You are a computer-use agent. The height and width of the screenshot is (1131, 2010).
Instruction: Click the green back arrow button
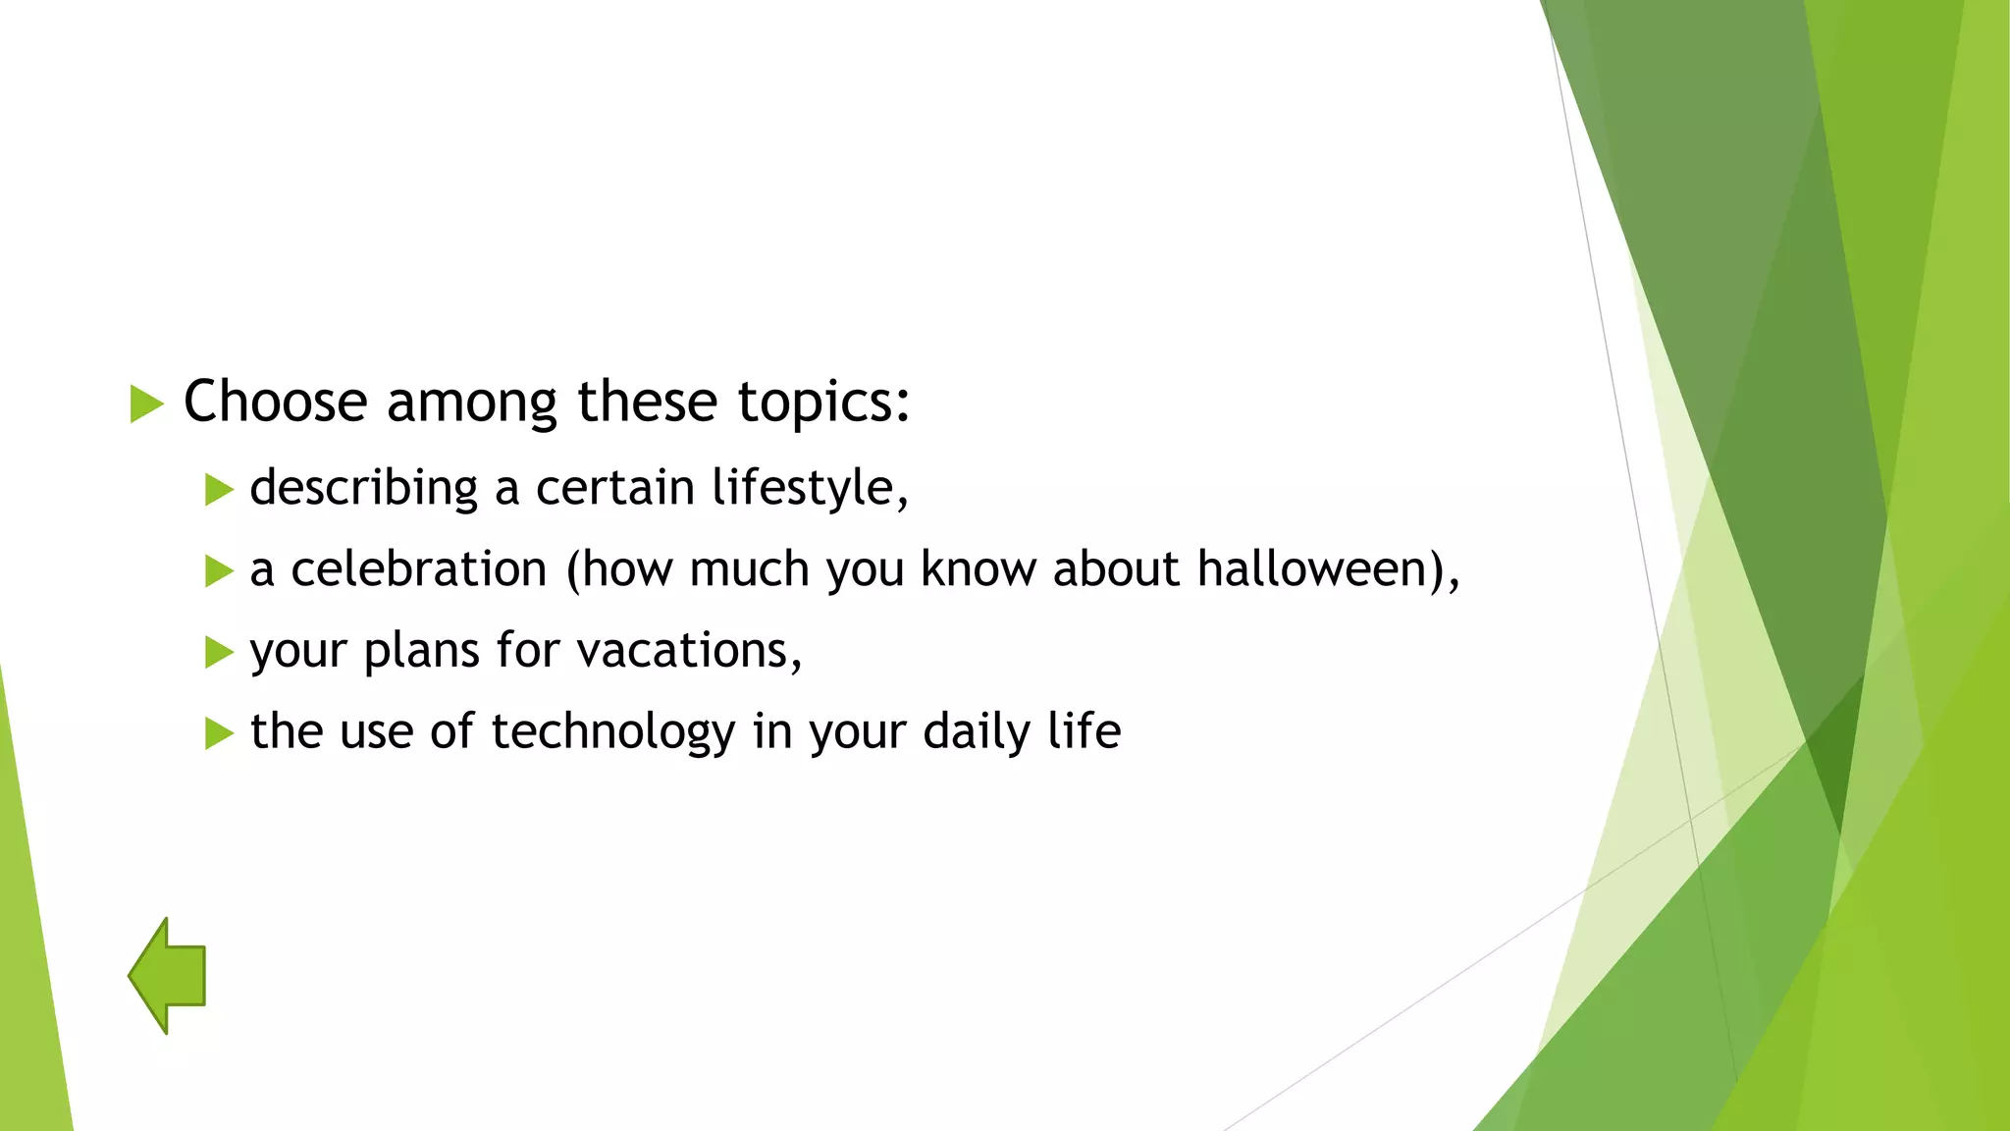(168, 976)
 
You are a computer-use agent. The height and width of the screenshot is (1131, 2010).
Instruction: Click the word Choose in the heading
(275, 402)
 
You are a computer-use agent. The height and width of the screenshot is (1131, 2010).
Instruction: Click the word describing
(363, 488)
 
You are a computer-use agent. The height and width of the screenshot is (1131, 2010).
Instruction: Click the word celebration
(418, 569)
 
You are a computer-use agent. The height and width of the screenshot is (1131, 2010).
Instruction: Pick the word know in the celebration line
(978, 569)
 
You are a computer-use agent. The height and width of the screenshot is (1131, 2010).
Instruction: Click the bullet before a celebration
(219, 571)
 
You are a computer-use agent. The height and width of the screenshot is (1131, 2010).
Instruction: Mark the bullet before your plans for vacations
(219, 653)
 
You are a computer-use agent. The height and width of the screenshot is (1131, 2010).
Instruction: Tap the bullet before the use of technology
(219, 734)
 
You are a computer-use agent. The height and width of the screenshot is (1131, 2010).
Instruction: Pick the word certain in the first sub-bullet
(614, 488)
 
